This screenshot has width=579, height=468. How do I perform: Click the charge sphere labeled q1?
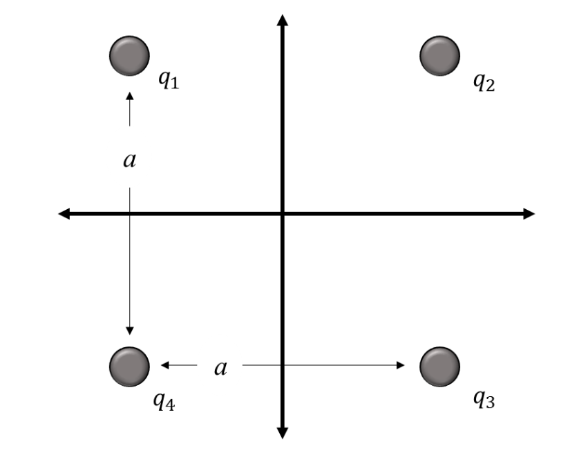click(x=129, y=55)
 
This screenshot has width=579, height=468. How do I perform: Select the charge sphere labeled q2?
click(x=439, y=55)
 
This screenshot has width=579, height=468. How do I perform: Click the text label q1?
click(x=169, y=81)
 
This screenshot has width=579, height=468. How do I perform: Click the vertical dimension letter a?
click(x=129, y=161)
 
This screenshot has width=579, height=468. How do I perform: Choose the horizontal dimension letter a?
click(x=220, y=367)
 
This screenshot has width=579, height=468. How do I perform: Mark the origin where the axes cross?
click(x=282, y=214)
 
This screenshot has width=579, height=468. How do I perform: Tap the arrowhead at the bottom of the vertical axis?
click(x=282, y=432)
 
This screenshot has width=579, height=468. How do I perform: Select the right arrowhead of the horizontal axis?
click(x=529, y=214)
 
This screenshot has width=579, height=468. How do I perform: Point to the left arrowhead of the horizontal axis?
click(x=64, y=214)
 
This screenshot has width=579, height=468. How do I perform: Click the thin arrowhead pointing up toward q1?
click(x=129, y=95)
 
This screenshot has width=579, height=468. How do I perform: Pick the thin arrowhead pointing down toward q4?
click(x=129, y=330)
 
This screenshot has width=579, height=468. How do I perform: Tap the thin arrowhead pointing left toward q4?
click(x=164, y=365)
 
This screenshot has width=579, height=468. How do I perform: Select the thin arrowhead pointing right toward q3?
click(x=400, y=365)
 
